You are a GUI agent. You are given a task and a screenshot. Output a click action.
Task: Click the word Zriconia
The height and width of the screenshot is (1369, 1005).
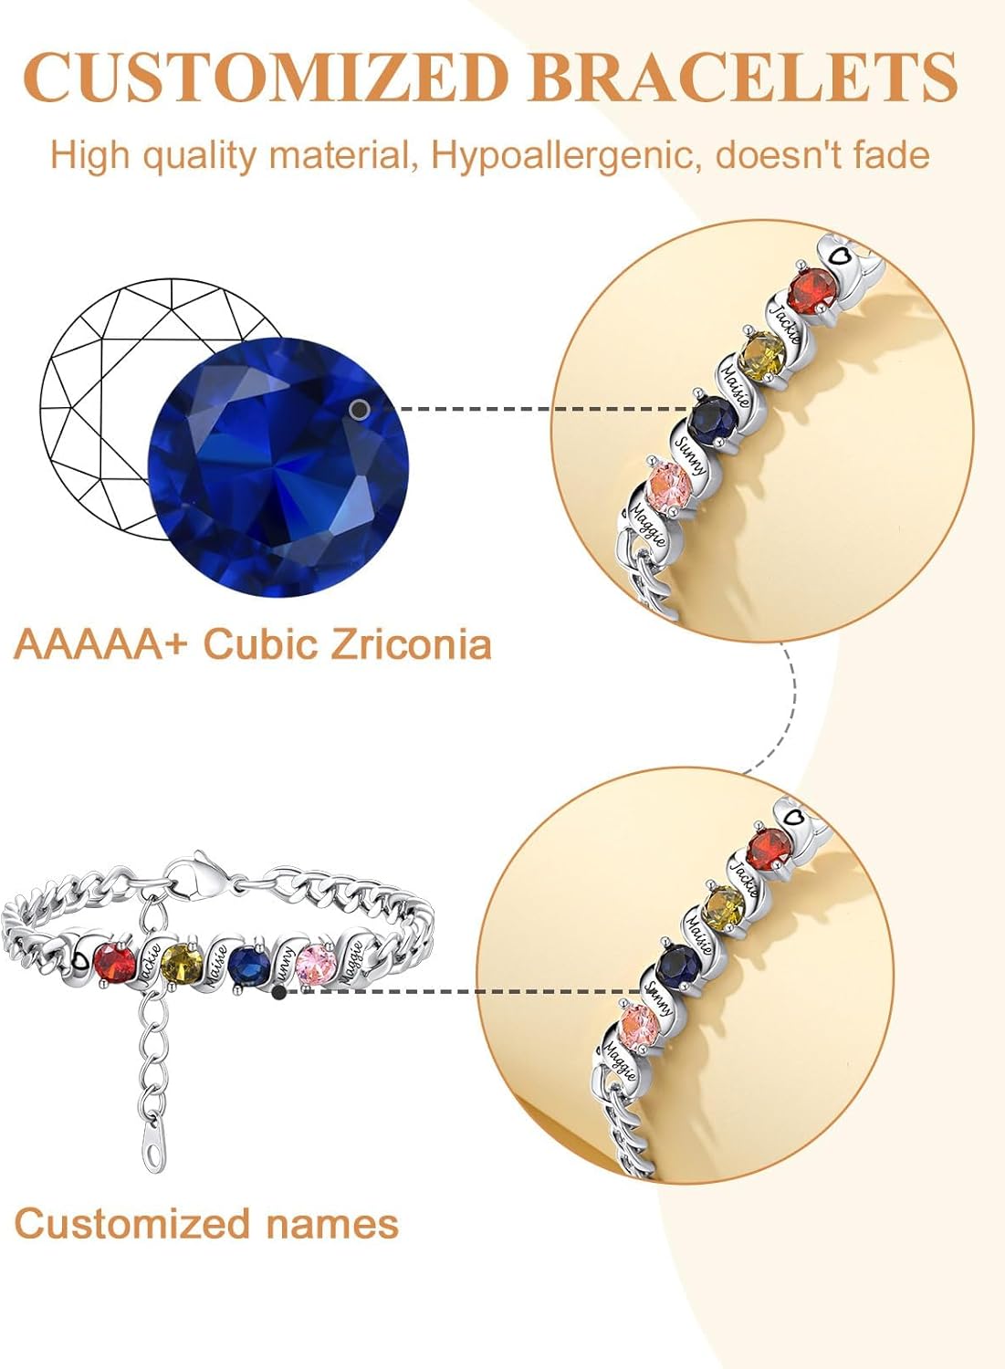coord(411,644)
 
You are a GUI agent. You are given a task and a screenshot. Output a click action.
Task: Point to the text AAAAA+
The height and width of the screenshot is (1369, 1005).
coord(100,644)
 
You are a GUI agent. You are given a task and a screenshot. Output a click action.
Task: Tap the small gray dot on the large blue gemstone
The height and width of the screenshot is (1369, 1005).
coord(360,410)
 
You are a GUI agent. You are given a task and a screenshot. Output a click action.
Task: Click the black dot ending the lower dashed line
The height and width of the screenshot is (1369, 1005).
coord(279,992)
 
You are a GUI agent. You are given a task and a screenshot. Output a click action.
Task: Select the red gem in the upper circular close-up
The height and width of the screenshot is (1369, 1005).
coord(813,291)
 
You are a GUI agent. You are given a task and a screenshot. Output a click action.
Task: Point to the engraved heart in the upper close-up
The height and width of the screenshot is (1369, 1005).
coord(840,251)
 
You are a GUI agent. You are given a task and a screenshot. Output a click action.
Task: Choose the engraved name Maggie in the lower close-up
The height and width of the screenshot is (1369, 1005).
coord(620,1061)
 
